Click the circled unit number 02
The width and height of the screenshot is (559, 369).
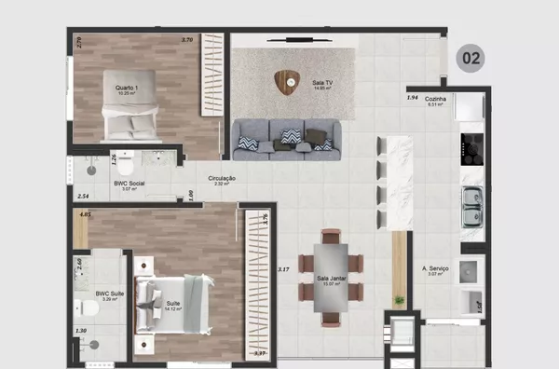tap(471, 59)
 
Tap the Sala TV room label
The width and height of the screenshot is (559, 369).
tap(323, 83)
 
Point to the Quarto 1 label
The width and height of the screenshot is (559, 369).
tap(128, 89)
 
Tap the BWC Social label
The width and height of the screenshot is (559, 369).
tap(129, 184)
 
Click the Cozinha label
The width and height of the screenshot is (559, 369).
tap(436, 99)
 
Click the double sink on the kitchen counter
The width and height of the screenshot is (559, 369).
tap(472, 200)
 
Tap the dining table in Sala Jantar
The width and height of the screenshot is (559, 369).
tap(331, 277)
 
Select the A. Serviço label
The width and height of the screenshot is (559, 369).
tap(436, 269)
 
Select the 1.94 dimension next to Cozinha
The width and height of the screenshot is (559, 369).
tap(412, 98)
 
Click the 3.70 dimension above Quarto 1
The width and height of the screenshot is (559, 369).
tap(186, 40)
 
